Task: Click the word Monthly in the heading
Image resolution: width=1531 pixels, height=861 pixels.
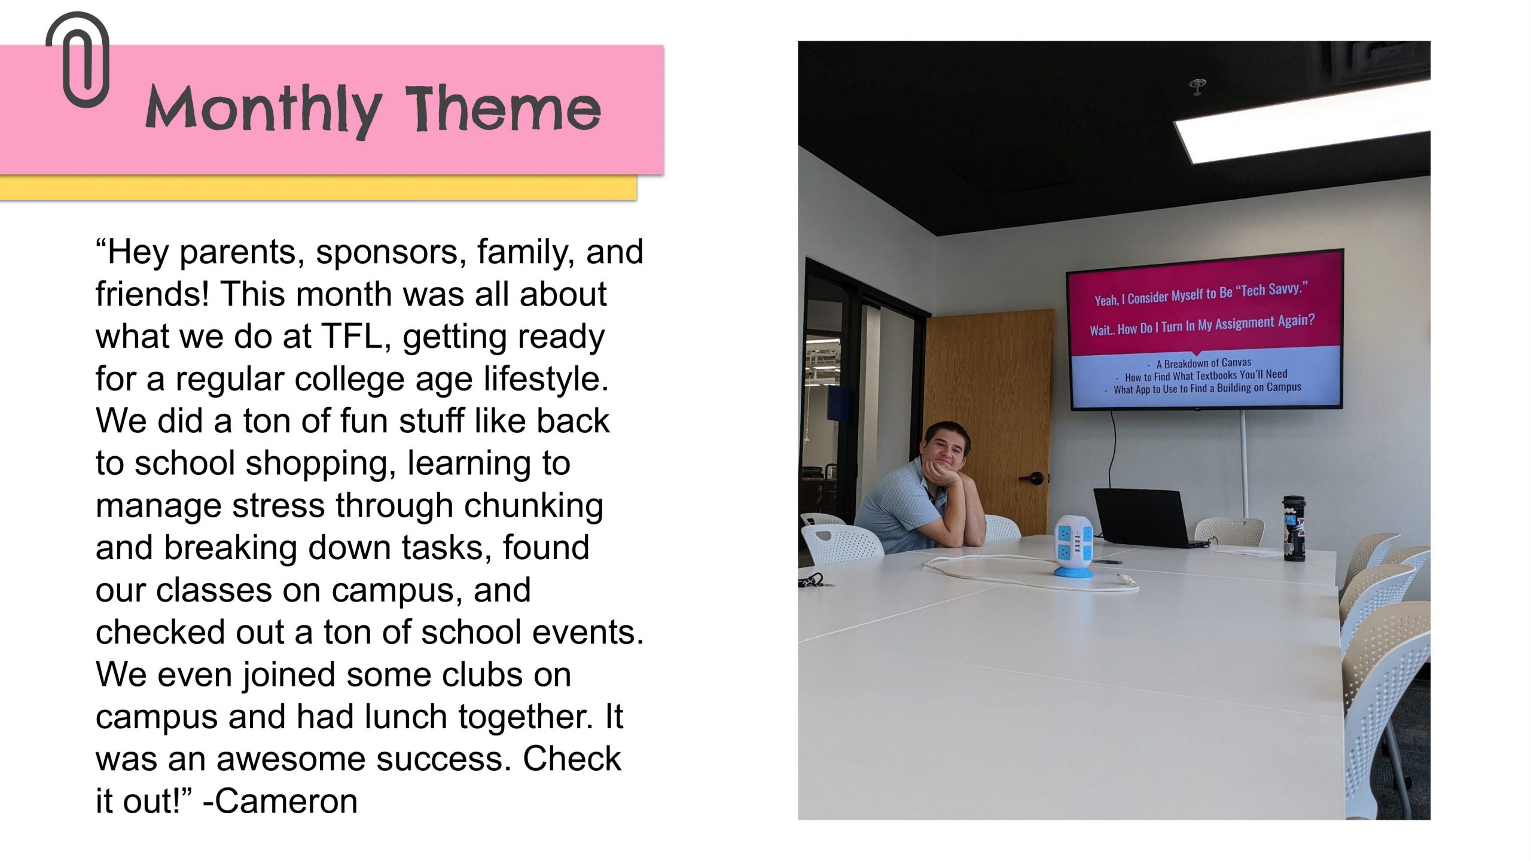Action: [263, 110]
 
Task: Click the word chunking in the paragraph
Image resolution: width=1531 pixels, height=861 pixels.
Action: [533, 506]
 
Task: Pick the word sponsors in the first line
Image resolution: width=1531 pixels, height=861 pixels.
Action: [391, 253]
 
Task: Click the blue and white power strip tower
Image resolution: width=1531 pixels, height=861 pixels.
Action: [1073, 545]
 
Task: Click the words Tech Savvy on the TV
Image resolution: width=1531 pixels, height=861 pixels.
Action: [1274, 289]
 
